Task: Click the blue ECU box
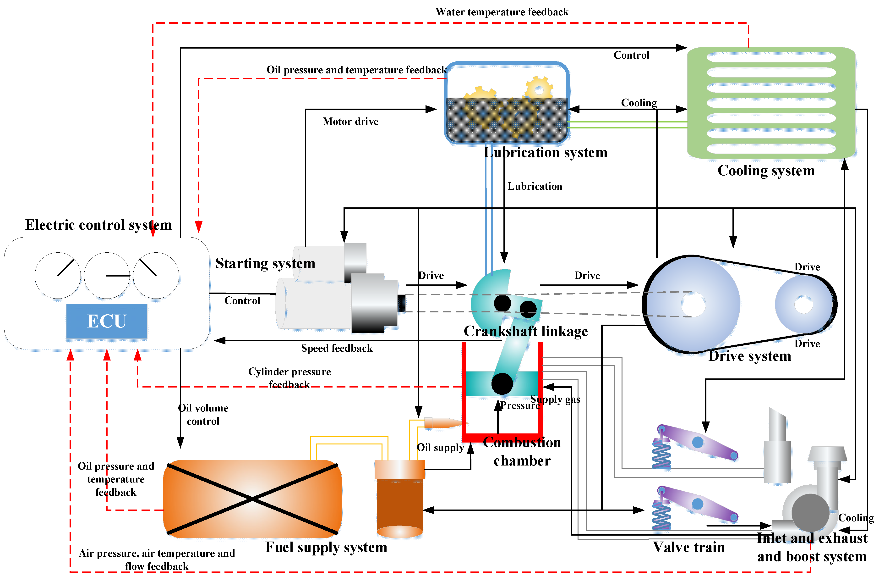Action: pos(107,321)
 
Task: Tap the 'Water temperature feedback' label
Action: pos(502,12)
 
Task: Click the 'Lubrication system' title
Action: pos(545,153)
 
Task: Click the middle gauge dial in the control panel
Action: pos(107,275)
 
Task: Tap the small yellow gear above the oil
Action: pos(539,89)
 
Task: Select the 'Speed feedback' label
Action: pos(336,348)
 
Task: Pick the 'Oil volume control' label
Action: pos(203,414)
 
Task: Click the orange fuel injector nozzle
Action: pos(443,423)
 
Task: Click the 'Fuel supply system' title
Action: pos(326,547)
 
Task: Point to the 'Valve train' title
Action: pos(689,547)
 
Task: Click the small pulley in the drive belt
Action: pos(803,304)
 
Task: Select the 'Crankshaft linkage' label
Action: pos(525,331)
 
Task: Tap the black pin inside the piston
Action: pos(502,383)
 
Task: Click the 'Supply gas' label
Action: pos(555,399)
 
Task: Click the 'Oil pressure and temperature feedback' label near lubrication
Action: pos(356,70)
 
